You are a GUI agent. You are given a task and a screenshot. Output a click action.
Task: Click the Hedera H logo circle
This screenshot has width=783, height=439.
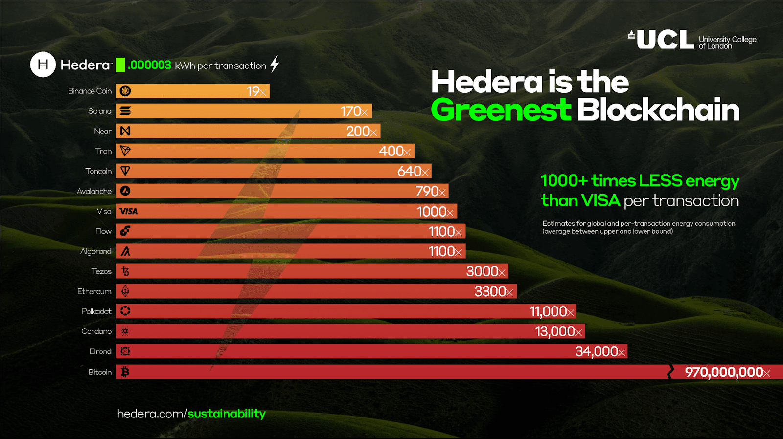(43, 65)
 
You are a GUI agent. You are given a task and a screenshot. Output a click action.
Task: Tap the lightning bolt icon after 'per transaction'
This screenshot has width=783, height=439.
(275, 64)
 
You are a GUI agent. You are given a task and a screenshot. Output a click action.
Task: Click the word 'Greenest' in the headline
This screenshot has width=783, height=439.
(501, 110)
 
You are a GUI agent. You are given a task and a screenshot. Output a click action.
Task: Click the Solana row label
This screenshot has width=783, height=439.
(100, 111)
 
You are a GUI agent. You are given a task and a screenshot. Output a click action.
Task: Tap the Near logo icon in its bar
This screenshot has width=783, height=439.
(125, 131)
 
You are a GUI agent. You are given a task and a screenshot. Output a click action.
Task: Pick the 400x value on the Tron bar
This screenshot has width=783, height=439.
(394, 151)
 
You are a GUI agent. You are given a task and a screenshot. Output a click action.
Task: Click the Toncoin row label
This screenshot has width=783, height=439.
(98, 171)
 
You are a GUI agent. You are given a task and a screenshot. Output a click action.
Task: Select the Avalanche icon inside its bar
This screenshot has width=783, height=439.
(125, 191)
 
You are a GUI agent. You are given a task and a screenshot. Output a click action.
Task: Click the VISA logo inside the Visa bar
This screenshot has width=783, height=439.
(129, 211)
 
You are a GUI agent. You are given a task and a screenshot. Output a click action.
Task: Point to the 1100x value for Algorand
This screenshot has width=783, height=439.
(445, 251)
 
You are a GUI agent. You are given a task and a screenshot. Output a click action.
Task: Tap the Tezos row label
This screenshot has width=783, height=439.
(101, 271)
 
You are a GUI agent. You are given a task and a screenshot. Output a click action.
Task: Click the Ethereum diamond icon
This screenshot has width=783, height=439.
(125, 291)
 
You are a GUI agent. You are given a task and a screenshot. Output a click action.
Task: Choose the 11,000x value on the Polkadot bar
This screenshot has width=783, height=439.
(552, 311)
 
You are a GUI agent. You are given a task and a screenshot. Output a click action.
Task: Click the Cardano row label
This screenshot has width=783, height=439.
(96, 331)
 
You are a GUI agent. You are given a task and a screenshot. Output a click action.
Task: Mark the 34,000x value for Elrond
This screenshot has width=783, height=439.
(600, 351)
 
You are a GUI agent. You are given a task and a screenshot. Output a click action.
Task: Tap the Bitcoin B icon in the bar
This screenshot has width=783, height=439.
(125, 372)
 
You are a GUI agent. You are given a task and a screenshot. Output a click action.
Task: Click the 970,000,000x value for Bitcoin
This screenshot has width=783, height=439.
(727, 372)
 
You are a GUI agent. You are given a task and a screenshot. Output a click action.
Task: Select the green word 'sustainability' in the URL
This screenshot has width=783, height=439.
(227, 414)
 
